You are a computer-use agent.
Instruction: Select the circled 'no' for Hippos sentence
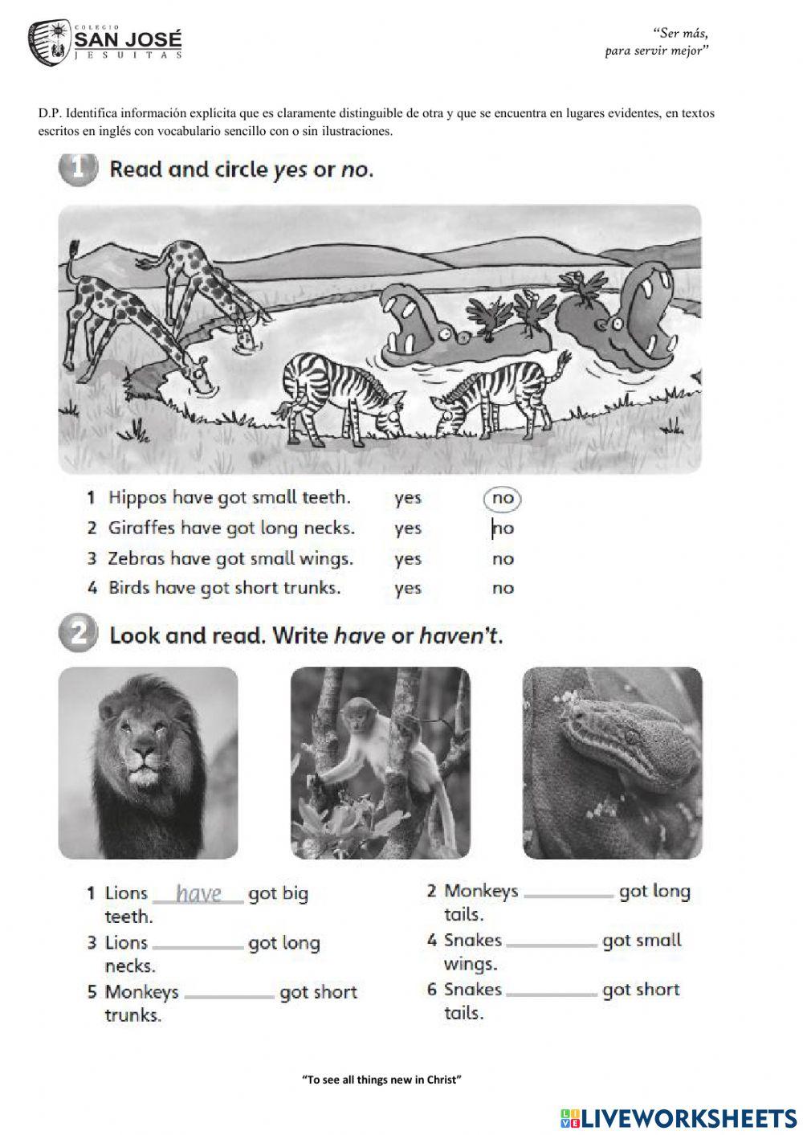pyautogui.click(x=503, y=498)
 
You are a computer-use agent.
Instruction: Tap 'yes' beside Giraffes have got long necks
pyautogui.click(x=408, y=529)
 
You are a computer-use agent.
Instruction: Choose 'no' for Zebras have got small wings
pyautogui.click(x=503, y=558)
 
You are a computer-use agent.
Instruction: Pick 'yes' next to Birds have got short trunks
pyautogui.click(x=408, y=588)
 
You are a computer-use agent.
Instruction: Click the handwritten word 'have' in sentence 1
pyautogui.click(x=198, y=893)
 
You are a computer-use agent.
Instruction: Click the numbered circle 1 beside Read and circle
pyautogui.click(x=77, y=169)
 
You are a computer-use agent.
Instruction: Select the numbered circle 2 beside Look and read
pyautogui.click(x=77, y=635)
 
